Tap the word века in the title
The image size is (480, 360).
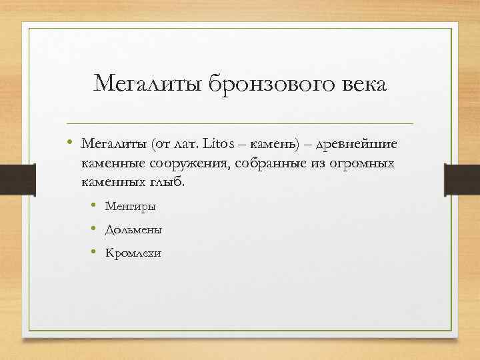coord(361,85)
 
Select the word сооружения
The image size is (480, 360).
coord(191,163)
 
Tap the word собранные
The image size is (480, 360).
coord(267,163)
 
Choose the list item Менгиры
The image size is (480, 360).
coord(130,207)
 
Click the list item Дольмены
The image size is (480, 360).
coord(133,230)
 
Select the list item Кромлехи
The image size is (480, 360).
coord(133,253)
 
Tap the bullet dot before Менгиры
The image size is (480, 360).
coord(96,207)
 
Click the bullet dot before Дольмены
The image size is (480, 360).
coord(96,230)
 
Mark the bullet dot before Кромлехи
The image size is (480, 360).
coord(96,253)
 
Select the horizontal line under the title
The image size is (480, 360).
coord(240,123)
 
